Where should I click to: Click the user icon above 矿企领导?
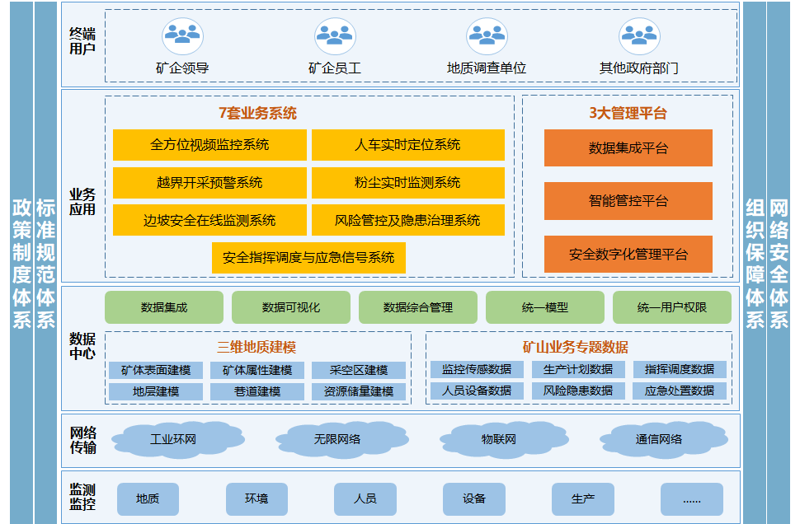pos(182,36)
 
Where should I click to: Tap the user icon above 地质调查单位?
pos(487,36)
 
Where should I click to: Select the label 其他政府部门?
pos(639,68)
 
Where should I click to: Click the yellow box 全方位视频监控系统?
pos(209,145)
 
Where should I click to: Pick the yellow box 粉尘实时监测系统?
pos(407,182)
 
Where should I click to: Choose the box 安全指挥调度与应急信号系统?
pos(308,257)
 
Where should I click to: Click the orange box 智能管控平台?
pos(628,201)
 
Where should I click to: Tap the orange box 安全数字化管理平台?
pos(628,254)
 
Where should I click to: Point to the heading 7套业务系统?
pos(257,113)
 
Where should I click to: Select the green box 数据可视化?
pos(291,307)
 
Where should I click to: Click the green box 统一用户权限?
pos(672,307)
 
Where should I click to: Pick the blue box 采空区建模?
pos(359,370)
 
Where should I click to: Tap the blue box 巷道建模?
pos(257,391)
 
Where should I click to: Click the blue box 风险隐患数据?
pos(578,391)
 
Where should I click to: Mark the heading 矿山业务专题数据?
pos(576,347)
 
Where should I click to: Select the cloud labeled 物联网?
pos(500,439)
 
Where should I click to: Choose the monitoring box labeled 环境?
pos(256,499)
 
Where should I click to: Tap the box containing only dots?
pos(692,499)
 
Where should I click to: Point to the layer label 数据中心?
pos(82,346)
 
